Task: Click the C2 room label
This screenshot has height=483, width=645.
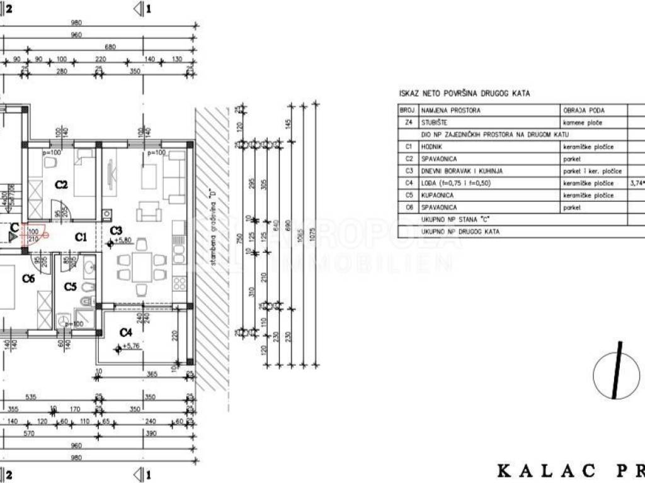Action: point(61,184)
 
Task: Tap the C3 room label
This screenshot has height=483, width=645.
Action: point(115,230)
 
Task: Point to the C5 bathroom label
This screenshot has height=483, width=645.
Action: point(71,287)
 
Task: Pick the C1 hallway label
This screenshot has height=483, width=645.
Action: point(81,237)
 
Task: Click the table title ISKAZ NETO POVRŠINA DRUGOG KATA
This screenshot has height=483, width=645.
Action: point(464,94)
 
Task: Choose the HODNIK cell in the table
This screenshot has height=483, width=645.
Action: point(434,147)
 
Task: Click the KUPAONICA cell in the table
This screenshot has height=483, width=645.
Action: point(440,195)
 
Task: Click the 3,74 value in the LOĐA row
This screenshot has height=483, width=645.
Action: point(637,183)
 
